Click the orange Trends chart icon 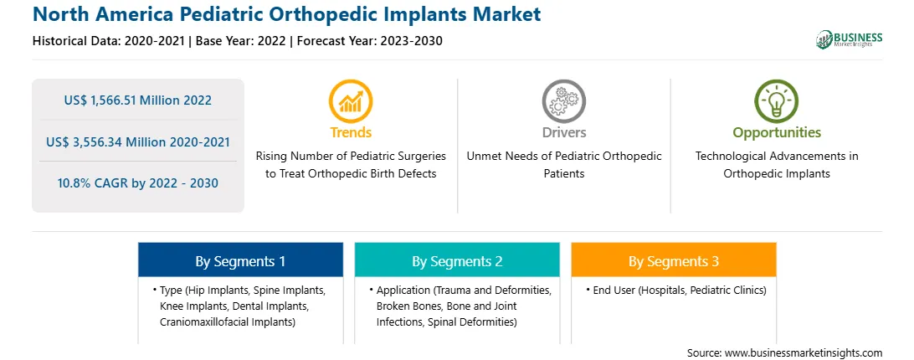point(351,101)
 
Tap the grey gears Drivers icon point(563,101)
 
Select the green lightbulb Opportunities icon point(777,101)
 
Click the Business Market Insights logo point(850,39)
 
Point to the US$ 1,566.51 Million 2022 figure point(138,100)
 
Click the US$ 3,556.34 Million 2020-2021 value point(138,141)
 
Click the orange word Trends point(351,133)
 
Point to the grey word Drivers point(564,133)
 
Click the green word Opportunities point(777,133)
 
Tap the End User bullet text point(680,290)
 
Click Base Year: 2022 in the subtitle point(241,41)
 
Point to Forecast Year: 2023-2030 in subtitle point(367,41)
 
